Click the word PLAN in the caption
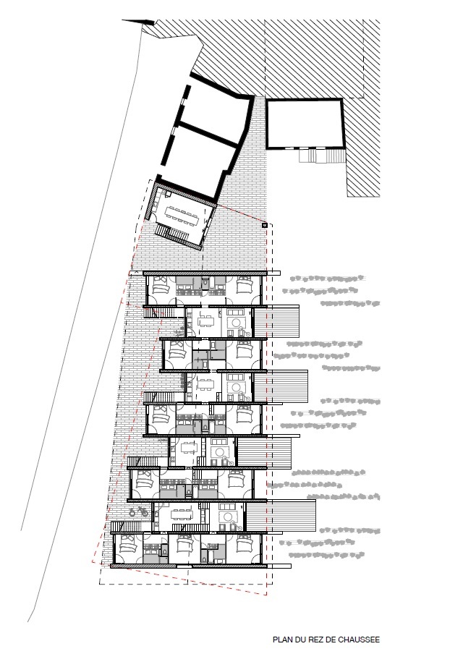(x=281, y=639)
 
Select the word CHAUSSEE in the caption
(x=358, y=639)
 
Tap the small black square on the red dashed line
(x=265, y=226)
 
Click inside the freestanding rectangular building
(x=303, y=124)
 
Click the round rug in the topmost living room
(x=236, y=323)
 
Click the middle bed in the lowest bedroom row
(x=180, y=547)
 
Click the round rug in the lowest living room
(x=228, y=517)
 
